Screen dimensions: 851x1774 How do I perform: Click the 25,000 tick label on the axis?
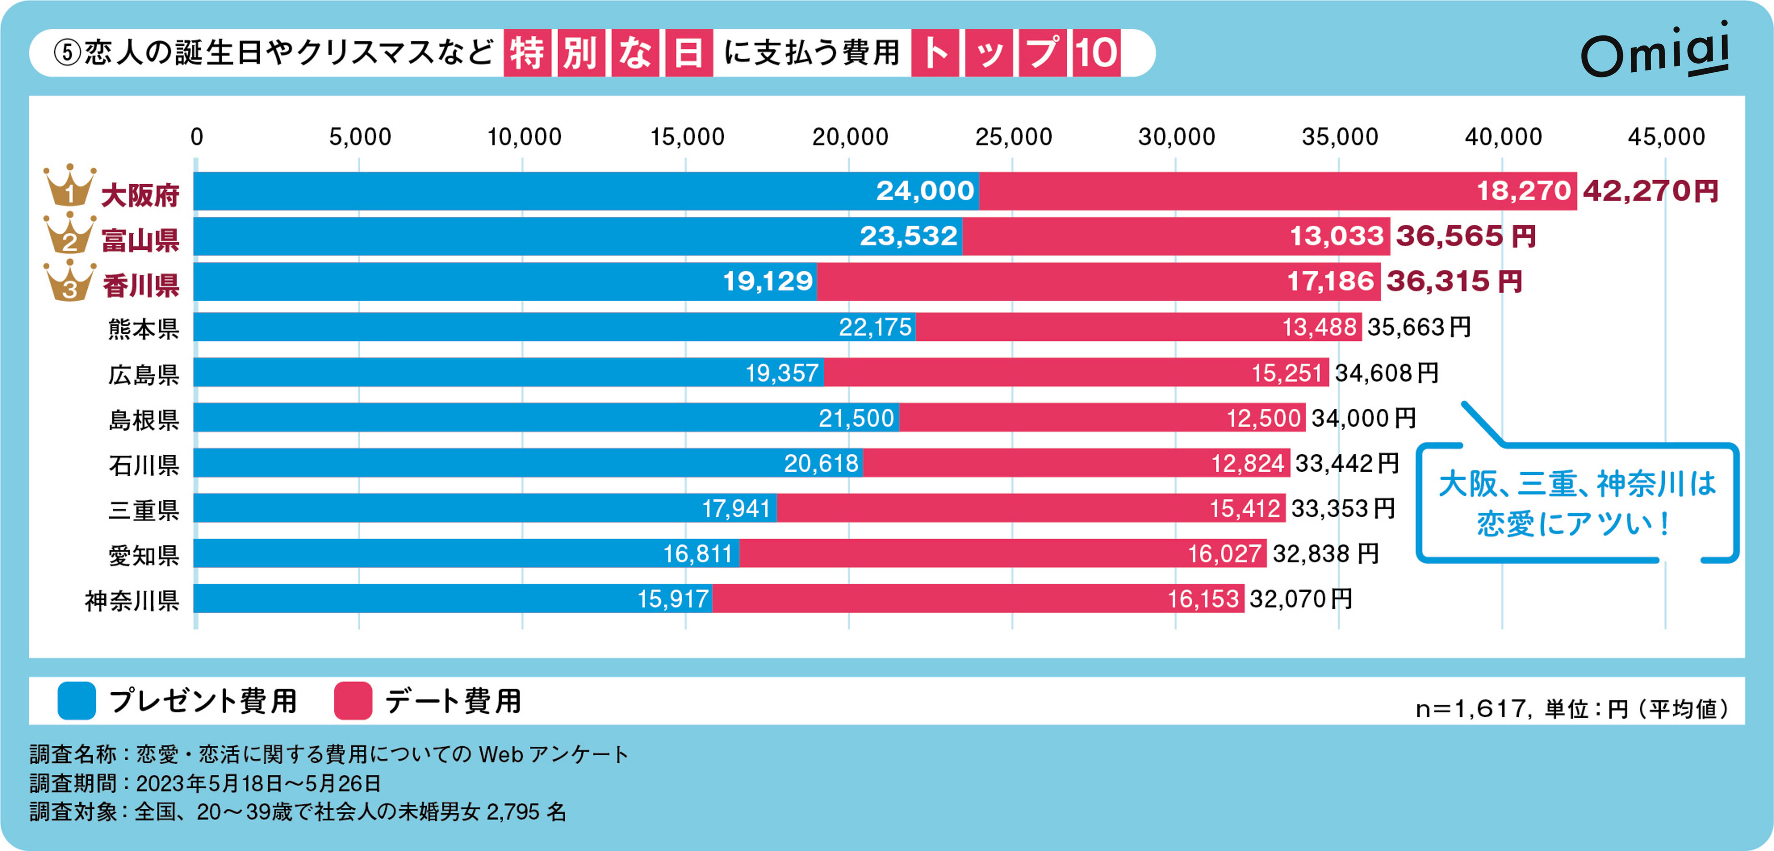click(1013, 137)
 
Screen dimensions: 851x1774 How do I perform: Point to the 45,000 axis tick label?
click(1666, 137)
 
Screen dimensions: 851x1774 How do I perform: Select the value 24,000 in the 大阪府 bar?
click(925, 191)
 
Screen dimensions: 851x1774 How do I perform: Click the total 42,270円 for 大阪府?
click(1650, 191)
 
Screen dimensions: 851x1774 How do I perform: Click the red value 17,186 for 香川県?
click(1330, 281)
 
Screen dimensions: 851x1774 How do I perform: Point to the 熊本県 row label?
click(143, 328)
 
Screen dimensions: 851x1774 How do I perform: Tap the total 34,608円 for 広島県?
click(1386, 373)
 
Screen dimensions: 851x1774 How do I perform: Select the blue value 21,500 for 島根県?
click(856, 418)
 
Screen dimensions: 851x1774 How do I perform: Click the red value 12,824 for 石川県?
click(1247, 463)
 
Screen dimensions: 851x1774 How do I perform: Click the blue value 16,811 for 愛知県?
click(697, 554)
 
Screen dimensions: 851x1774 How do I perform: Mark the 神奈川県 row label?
click(131, 600)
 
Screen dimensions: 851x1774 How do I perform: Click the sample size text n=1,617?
click(1470, 709)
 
